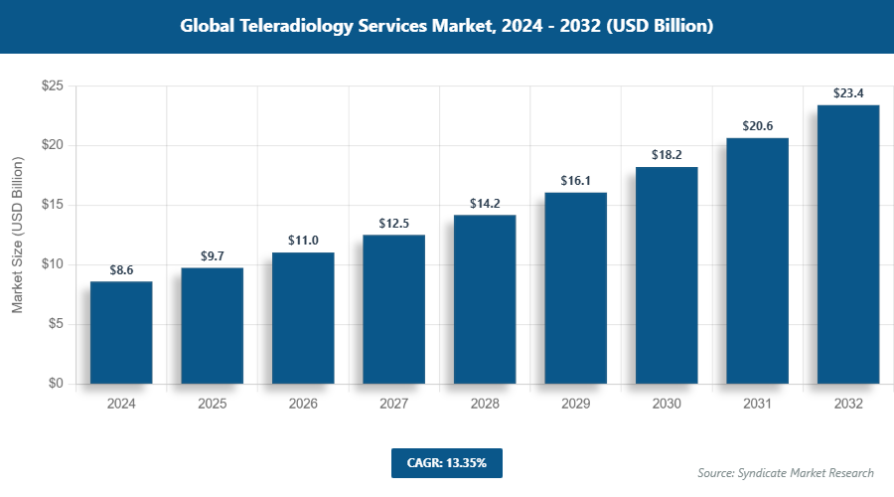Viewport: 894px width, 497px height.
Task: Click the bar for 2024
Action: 121,332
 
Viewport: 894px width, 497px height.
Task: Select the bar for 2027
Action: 393,309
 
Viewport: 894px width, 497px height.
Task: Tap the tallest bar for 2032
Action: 847,245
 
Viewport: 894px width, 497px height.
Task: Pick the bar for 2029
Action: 575,287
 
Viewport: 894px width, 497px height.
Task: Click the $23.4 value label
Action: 847,93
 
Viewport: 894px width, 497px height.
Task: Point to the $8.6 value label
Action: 121,269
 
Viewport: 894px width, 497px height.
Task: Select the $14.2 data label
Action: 485,204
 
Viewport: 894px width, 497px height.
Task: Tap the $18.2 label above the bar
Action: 666,156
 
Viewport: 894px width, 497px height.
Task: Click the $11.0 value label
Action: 303,242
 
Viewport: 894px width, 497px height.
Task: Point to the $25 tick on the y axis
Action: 53,86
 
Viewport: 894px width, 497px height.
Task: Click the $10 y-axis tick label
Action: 53,264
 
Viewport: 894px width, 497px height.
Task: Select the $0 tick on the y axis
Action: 56,384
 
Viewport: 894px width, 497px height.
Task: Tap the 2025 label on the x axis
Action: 212,405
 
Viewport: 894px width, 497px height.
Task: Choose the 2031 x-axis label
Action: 757,405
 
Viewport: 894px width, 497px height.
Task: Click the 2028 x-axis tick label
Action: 485,405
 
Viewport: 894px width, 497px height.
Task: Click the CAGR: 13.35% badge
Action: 446,463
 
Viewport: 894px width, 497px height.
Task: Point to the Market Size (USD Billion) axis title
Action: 17,235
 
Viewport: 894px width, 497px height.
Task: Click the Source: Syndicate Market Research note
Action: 785,472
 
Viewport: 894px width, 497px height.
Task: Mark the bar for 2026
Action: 303,318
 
